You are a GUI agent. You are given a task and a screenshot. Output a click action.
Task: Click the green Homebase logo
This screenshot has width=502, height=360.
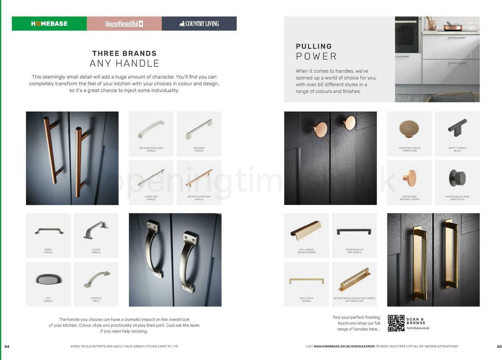click(49, 24)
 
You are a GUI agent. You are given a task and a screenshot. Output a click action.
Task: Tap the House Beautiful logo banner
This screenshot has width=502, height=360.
click(124, 24)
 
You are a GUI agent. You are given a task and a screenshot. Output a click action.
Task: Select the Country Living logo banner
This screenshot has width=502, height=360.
click(199, 24)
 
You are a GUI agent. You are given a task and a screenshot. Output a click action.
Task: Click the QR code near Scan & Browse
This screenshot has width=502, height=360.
click(396, 323)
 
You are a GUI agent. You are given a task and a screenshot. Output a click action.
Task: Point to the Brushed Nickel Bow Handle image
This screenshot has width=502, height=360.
click(151, 130)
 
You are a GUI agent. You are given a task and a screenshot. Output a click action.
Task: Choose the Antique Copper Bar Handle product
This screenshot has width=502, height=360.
click(199, 178)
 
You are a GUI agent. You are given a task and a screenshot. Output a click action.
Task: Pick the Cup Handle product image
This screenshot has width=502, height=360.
click(48, 279)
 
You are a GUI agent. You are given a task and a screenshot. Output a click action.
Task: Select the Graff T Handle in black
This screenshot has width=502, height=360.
click(457, 126)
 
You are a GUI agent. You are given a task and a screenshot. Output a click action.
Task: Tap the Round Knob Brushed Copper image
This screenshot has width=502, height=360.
click(410, 177)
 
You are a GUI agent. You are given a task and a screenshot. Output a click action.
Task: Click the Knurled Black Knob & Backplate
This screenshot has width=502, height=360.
click(457, 178)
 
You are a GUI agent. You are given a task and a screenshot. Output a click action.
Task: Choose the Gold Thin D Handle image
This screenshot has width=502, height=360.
click(306, 281)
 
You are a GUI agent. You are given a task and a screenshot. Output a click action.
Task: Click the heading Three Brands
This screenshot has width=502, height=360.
click(124, 54)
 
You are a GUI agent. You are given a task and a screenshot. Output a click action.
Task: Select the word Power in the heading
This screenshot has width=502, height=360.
click(316, 57)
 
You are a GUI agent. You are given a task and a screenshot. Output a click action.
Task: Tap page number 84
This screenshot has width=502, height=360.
click(7, 346)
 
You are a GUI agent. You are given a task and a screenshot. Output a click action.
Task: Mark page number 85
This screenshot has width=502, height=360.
click(499, 346)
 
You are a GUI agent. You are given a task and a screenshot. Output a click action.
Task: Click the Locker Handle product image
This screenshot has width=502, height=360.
click(96, 230)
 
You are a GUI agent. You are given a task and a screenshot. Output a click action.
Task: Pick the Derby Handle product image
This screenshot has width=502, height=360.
click(49, 231)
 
